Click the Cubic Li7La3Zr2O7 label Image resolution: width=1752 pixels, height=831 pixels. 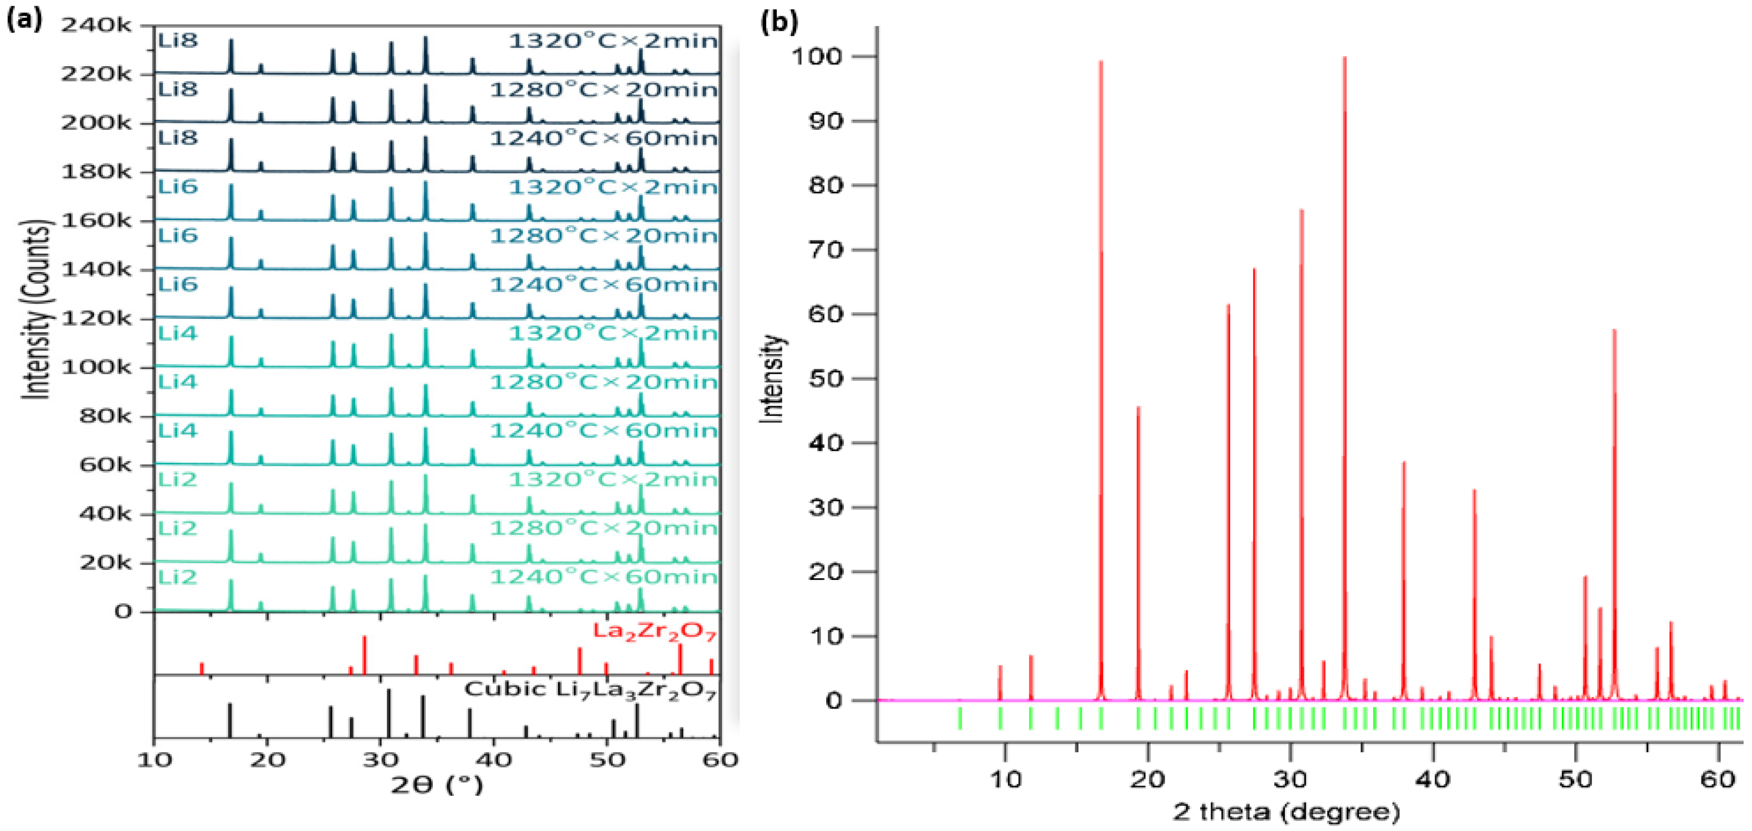coord(590,690)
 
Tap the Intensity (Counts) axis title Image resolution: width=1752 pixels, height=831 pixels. coord(37,309)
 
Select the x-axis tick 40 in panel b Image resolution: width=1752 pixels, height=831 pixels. coord(1433,780)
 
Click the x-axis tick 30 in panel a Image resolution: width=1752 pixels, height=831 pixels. coord(380,760)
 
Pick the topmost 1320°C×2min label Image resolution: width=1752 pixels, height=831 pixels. coord(613,41)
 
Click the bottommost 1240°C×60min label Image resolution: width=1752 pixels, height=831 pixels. coord(603,577)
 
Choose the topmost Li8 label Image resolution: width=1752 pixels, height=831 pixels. coord(178,40)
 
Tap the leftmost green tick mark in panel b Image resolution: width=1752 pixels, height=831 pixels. coord(960,718)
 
